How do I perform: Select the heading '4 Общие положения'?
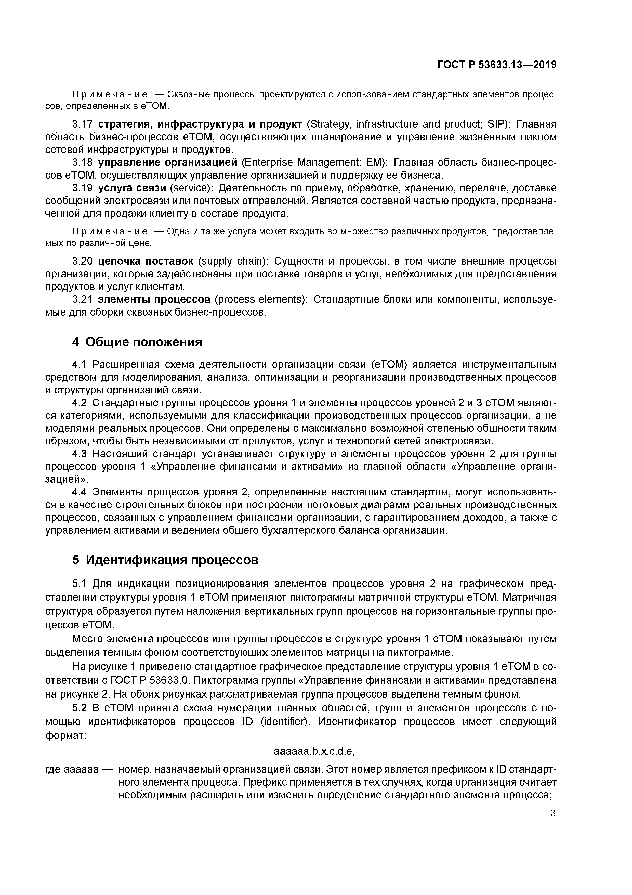(x=137, y=342)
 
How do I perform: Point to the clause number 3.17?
(x=82, y=124)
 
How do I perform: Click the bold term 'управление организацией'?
(x=167, y=162)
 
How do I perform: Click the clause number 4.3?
(x=82, y=454)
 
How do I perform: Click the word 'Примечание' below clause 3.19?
(x=110, y=232)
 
